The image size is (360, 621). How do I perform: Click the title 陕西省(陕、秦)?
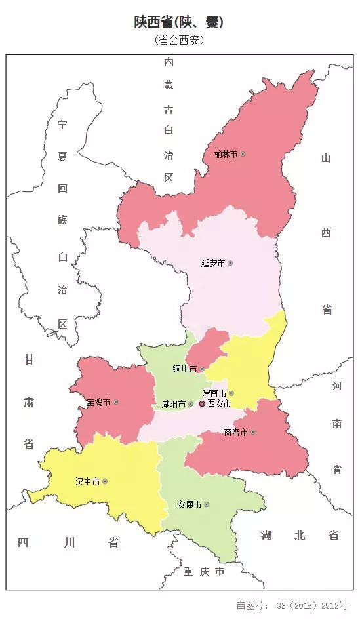tap(179, 22)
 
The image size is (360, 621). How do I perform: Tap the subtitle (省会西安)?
tap(180, 41)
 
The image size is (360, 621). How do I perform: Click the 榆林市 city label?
tap(226, 154)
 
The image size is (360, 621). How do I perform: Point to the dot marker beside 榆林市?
tap(243, 154)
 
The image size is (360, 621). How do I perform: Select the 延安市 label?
tap(212, 263)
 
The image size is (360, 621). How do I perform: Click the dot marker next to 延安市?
tap(230, 263)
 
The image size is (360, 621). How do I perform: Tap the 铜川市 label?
tap(184, 369)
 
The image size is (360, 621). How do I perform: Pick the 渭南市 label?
tap(214, 393)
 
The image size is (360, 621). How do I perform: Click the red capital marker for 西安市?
tap(202, 404)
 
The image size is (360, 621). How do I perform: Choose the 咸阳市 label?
tap(173, 405)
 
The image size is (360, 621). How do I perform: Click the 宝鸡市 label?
tap(98, 401)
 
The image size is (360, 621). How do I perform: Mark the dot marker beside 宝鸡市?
tap(116, 401)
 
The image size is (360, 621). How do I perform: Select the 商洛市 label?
tap(235, 432)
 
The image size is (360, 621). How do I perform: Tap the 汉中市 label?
tap(87, 481)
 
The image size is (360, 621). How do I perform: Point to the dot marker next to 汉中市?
tap(105, 481)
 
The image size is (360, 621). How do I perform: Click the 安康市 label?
tap(189, 505)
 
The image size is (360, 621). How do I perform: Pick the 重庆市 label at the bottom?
tap(204, 572)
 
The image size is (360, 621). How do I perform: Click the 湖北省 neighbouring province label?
tap(299, 535)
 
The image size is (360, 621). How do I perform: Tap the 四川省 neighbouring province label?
tap(68, 542)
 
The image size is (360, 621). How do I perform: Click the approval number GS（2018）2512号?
tap(292, 605)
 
